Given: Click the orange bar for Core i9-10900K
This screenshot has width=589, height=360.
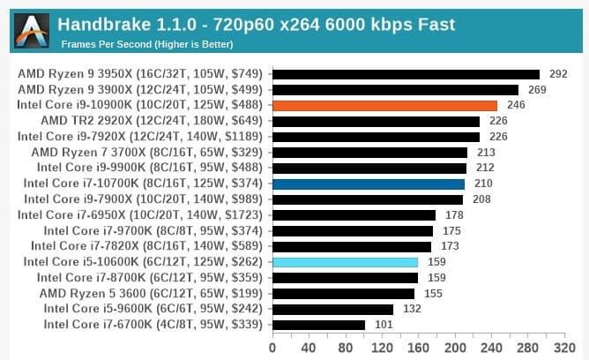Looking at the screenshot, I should pyautogui.click(x=385, y=105).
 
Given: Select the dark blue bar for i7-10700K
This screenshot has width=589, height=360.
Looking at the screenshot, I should pyautogui.click(x=369, y=184).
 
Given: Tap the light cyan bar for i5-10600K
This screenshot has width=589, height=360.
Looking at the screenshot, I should pyautogui.click(x=346, y=262).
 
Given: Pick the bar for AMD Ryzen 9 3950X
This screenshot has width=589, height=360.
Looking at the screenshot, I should pyautogui.click(x=406, y=73).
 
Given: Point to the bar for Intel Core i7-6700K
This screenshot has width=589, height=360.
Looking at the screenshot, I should pyautogui.click(x=319, y=325).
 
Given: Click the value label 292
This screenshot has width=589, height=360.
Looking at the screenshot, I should pyautogui.click(x=557, y=73).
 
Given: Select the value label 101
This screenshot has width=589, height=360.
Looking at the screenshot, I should pyautogui.click(x=383, y=325).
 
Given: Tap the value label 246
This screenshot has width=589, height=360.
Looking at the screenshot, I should pyautogui.click(x=516, y=105).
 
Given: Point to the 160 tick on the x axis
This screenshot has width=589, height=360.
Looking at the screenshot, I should pyautogui.click(x=419, y=347).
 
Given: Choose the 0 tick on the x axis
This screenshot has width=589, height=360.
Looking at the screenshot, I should pyautogui.click(x=273, y=347).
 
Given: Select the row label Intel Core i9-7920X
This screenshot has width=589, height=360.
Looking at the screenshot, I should pyautogui.click(x=140, y=136).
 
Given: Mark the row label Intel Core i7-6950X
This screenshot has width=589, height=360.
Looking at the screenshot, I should pyautogui.click(x=140, y=214).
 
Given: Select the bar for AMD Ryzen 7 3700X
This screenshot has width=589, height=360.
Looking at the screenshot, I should pyautogui.click(x=369, y=152).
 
